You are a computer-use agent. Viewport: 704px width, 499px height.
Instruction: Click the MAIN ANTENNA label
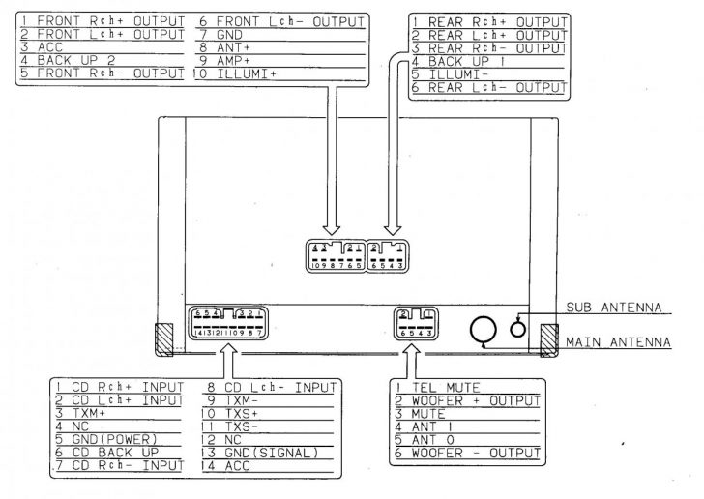[619, 341]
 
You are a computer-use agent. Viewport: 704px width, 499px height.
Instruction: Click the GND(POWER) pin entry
[112, 437]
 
